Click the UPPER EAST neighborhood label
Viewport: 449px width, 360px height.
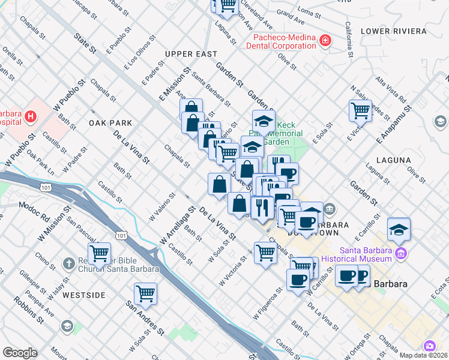[x=191, y=54]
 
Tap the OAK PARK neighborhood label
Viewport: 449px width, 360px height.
[x=110, y=123]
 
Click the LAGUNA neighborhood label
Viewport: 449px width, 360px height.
[x=393, y=160]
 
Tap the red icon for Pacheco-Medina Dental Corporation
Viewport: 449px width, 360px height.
[x=325, y=41]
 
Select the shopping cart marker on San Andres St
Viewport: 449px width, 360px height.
[x=145, y=294]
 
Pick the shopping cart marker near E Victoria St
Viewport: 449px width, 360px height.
[x=360, y=110]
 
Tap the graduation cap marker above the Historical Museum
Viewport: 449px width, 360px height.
[x=399, y=229]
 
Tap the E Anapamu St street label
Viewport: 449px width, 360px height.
[x=393, y=125]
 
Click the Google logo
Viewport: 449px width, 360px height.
[x=20, y=353]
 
